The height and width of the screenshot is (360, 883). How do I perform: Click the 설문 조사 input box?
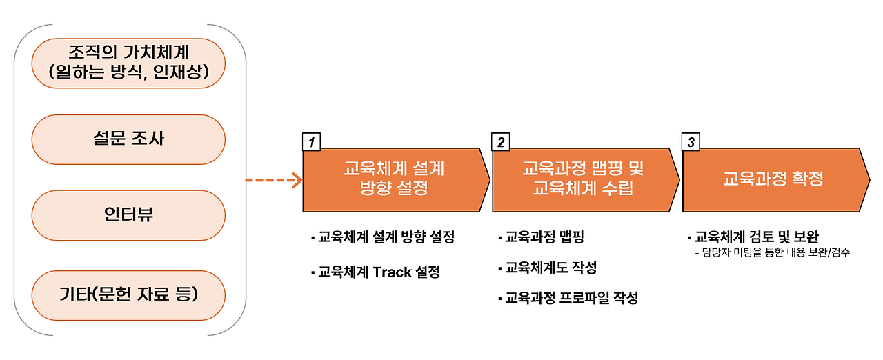pos(128,139)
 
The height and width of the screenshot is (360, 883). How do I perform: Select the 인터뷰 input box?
pos(128,215)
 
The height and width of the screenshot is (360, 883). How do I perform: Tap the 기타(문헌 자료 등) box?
pos(128,295)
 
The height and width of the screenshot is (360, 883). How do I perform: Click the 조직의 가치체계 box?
pos(128,52)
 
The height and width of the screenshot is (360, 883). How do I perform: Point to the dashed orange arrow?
pos(274,181)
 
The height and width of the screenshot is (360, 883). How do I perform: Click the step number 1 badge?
pos(312,142)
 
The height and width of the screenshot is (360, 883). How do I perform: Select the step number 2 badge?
pos(501,142)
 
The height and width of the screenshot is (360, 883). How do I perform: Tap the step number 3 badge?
pos(691,142)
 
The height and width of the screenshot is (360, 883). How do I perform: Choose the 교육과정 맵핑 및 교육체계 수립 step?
pos(584,179)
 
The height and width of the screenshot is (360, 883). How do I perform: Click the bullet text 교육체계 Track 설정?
pos(378,272)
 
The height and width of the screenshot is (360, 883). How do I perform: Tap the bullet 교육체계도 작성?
pos(550,268)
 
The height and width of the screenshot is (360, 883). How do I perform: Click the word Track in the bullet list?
pos(393,272)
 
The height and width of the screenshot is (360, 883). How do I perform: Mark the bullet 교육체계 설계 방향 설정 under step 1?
pos(386,238)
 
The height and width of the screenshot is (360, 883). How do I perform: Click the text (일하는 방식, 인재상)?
pos(128,71)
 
